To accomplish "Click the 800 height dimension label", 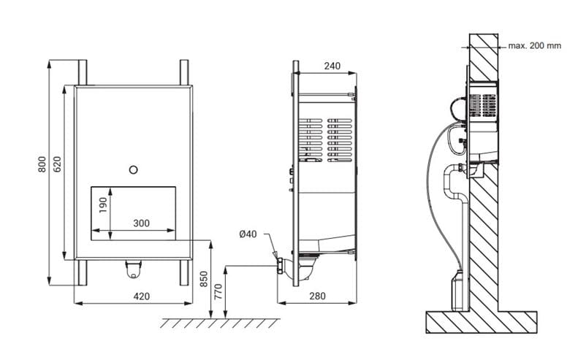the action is (42, 164).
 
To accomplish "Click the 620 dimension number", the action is (57, 164).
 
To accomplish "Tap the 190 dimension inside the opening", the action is (103, 205).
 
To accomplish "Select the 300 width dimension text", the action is (142, 223).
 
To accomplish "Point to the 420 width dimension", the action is (142, 296).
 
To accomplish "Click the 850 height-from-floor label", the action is (204, 279).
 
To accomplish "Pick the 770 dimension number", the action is (218, 291).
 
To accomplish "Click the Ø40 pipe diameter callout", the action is (248, 234).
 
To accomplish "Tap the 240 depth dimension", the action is (332, 66).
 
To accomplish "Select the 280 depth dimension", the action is (317, 296).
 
